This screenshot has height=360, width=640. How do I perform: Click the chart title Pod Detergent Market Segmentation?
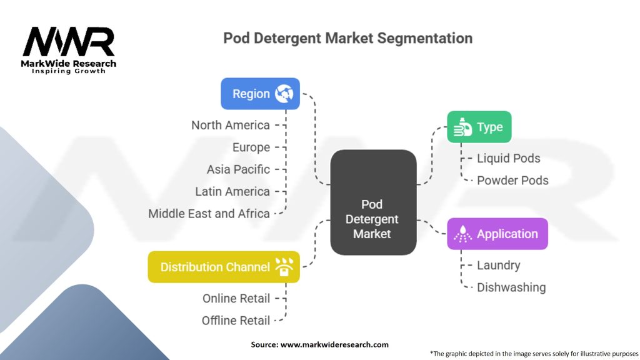(x=347, y=38)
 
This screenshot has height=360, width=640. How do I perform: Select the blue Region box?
(x=260, y=94)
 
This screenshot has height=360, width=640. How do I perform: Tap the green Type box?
(x=479, y=127)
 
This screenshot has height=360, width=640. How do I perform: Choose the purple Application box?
(x=497, y=234)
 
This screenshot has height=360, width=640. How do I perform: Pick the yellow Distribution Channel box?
(x=224, y=267)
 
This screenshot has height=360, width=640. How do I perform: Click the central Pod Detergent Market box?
(x=372, y=219)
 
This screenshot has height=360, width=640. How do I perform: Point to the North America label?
(x=231, y=125)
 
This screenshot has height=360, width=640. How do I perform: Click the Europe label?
(x=251, y=147)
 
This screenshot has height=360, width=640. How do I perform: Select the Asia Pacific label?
(x=238, y=169)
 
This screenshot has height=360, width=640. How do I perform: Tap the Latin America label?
(x=232, y=191)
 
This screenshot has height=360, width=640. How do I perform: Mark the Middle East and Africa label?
(x=209, y=213)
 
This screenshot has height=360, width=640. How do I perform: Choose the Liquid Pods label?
(x=508, y=158)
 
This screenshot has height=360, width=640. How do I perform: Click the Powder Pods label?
(x=512, y=180)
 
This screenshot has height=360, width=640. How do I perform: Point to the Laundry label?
(x=498, y=265)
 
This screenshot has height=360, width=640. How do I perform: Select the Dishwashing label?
(x=511, y=287)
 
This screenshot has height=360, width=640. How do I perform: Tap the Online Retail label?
(x=236, y=298)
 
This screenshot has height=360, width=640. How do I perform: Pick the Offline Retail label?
(x=236, y=321)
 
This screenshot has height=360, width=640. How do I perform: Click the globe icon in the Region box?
(x=284, y=94)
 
